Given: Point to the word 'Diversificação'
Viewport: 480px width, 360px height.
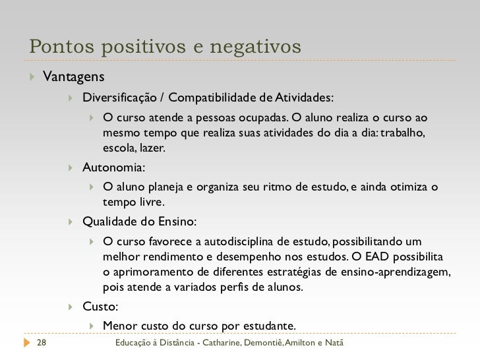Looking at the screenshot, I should tap(119, 99).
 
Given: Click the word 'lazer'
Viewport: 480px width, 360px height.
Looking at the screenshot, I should tap(152, 148).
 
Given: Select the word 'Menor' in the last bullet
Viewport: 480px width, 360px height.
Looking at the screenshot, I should tap(120, 326).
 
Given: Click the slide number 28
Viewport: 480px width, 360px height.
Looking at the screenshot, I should tap(41, 344).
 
